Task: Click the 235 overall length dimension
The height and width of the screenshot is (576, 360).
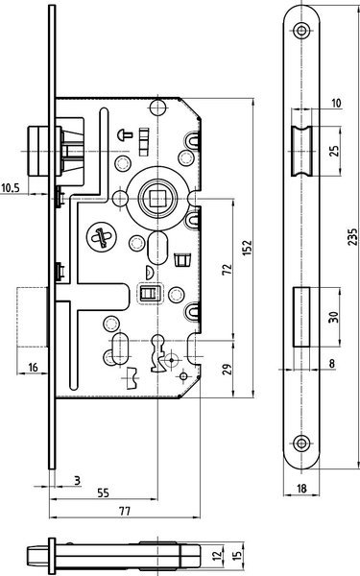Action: click(352, 237)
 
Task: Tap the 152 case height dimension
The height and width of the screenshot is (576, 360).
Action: click(248, 248)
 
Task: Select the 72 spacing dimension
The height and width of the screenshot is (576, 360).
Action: click(228, 269)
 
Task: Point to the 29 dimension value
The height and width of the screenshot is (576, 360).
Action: click(228, 370)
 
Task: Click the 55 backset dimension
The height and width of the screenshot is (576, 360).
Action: click(104, 492)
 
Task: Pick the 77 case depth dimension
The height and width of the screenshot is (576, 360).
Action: click(125, 511)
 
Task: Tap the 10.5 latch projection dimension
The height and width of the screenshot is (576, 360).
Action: click(10, 188)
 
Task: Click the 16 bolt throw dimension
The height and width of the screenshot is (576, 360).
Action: click(33, 367)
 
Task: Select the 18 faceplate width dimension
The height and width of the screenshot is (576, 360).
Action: click(301, 489)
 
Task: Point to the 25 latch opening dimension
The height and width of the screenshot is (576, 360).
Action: click(334, 151)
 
